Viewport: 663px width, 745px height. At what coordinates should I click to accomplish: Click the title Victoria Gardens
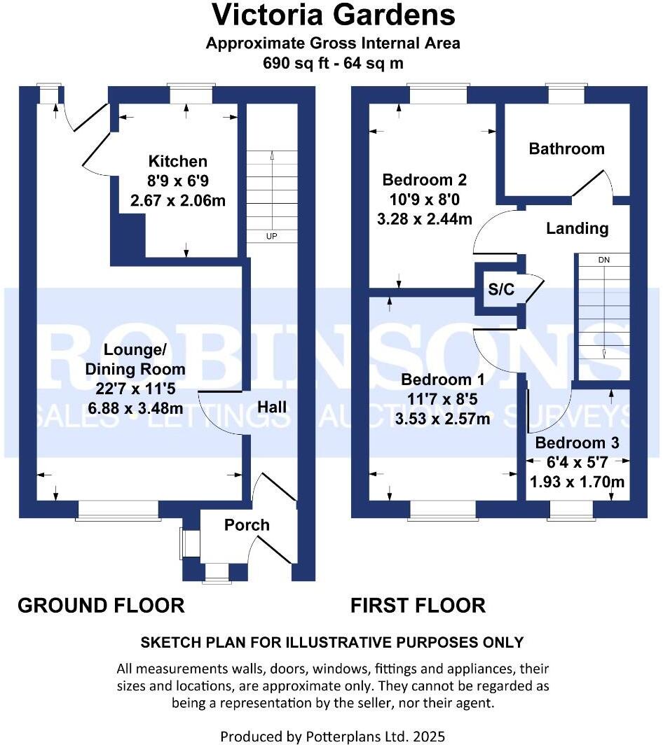(x=333, y=15)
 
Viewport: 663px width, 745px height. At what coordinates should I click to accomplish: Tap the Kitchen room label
(x=177, y=162)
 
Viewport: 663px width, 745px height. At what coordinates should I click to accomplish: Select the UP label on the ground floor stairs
(x=271, y=237)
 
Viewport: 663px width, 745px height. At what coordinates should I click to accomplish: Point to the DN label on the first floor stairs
(x=603, y=260)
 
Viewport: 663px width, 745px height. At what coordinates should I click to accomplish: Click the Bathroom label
(x=566, y=148)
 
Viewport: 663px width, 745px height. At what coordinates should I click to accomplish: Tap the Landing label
(x=577, y=228)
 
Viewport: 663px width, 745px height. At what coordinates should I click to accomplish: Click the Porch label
(x=247, y=524)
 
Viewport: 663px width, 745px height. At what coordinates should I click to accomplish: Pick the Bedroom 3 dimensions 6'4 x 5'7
(x=577, y=463)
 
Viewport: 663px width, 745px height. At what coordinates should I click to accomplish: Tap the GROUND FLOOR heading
(x=101, y=605)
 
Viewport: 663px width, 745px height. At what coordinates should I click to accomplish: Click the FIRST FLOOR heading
(x=418, y=605)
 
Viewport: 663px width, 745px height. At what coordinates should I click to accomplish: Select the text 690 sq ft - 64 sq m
(x=333, y=63)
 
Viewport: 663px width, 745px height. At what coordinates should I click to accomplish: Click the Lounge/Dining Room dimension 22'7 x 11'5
(x=135, y=389)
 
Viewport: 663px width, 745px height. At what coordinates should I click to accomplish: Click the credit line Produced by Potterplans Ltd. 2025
(x=333, y=736)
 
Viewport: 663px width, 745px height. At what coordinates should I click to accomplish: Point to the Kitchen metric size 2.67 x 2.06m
(x=178, y=200)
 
